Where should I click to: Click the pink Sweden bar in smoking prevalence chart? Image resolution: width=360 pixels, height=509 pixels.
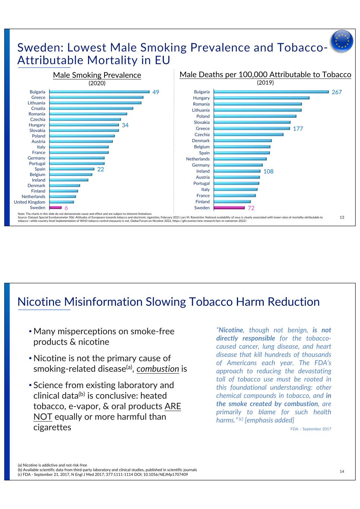[56, 208]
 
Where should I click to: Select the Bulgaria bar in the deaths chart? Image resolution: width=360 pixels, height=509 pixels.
[271, 92]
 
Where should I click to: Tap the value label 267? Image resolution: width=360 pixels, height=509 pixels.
[336, 92]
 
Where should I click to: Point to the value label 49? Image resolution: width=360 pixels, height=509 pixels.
[156, 92]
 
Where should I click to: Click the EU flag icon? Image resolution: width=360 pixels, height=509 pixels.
[342, 41]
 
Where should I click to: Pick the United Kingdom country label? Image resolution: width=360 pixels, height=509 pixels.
[29, 202]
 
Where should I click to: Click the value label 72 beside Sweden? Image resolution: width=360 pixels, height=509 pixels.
[251, 208]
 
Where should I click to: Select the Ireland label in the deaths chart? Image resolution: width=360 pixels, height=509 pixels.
[203, 171]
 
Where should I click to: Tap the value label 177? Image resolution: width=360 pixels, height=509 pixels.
[298, 129]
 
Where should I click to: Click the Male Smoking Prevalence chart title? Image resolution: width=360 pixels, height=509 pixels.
[97, 75]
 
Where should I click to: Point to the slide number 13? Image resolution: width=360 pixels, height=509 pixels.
[342, 217]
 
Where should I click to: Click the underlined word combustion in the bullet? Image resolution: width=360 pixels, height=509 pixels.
[158, 369]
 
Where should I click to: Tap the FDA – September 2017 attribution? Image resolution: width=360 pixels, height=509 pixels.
[311, 429]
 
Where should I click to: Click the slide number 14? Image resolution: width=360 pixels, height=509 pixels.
[342, 472]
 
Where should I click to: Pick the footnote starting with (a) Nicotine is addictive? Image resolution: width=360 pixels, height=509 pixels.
[52, 465]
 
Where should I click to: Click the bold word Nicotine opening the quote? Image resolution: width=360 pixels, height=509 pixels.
[231, 330]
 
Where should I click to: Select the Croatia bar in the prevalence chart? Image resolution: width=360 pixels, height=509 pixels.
[91, 109]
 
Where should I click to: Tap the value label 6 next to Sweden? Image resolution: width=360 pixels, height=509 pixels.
[66, 208]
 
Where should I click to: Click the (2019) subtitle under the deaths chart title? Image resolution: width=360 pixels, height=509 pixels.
[265, 82]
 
